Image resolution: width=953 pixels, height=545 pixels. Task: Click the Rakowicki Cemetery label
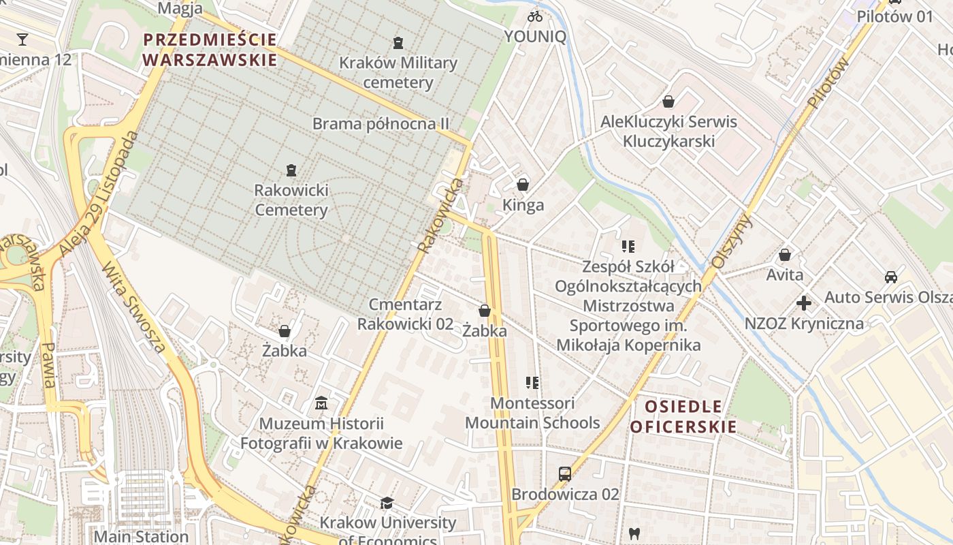[x=291, y=200]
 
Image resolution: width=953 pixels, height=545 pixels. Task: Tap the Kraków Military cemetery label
[x=398, y=72]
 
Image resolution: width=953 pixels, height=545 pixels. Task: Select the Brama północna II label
[x=381, y=124]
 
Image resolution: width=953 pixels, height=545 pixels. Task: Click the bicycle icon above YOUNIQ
[x=535, y=16]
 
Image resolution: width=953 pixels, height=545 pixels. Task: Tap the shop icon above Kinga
[x=523, y=185]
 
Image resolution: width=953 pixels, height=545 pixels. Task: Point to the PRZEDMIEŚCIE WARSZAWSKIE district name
[x=210, y=50]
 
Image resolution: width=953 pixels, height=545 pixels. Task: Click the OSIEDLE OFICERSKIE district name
[x=683, y=417]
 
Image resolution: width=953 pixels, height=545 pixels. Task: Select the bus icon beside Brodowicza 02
[x=564, y=473]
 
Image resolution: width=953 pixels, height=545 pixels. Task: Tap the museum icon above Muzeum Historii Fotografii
[x=321, y=403]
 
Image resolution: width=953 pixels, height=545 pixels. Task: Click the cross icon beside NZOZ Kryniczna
[x=804, y=303]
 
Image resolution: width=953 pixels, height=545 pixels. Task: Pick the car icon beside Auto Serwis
[x=890, y=277]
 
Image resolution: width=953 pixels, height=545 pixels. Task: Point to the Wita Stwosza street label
[x=134, y=307]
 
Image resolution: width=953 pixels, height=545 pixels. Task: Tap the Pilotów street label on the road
[x=829, y=82]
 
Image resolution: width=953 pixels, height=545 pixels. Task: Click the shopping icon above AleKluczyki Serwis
[x=668, y=102]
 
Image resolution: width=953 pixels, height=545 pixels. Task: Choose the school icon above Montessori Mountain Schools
[x=532, y=383]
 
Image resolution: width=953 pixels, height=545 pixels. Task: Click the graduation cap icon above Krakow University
[x=387, y=503]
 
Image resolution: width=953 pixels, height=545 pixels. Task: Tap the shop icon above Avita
[x=784, y=255]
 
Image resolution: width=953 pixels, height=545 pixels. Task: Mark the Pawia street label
[x=48, y=365]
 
